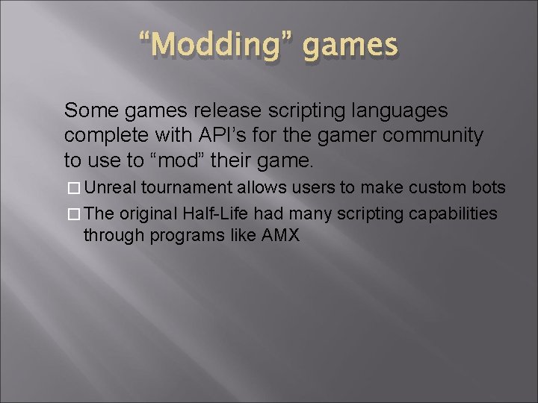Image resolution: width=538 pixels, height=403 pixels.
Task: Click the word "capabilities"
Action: click(x=452, y=214)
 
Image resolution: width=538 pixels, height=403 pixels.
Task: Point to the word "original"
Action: click(x=148, y=214)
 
